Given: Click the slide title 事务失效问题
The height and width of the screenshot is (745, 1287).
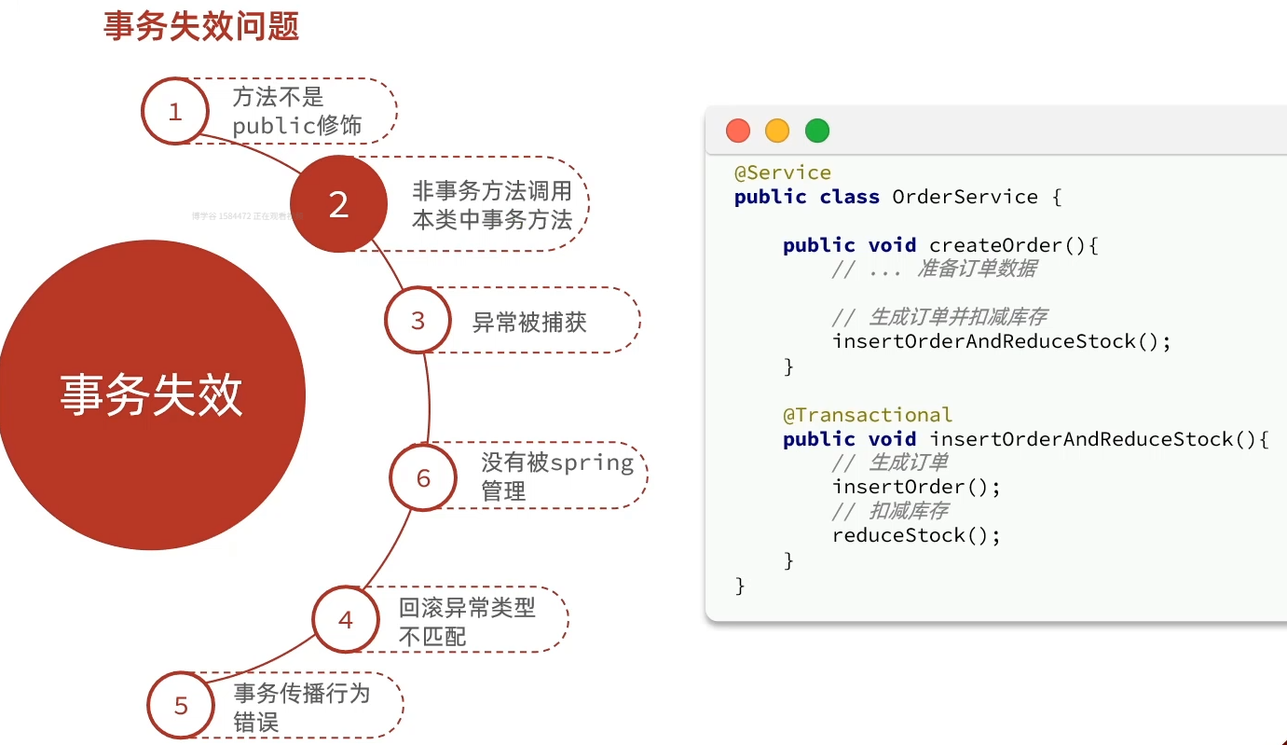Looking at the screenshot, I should click(x=200, y=26).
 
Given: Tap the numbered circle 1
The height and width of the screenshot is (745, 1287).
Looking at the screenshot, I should click(x=174, y=112).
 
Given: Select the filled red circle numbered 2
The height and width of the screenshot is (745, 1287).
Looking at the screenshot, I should click(x=338, y=204).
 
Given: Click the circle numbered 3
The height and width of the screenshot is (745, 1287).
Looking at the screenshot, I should click(x=418, y=321).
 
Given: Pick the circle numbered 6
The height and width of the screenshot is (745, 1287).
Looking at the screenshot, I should click(x=423, y=477).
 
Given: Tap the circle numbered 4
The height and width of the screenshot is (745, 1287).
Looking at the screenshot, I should click(x=346, y=619).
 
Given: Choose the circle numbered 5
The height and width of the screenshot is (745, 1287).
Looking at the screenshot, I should click(x=181, y=705).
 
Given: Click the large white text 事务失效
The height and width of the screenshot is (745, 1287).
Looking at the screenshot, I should click(x=151, y=395).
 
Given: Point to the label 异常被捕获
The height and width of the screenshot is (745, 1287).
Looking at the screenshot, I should click(x=529, y=323).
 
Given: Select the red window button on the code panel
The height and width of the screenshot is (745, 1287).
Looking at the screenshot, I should click(x=738, y=131).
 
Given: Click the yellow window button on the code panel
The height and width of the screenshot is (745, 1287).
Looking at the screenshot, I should click(x=777, y=131).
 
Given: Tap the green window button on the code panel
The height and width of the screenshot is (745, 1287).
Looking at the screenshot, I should click(x=817, y=131).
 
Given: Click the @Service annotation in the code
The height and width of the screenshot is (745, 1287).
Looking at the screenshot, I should click(x=783, y=172).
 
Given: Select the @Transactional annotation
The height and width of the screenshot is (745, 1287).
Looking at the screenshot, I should click(x=868, y=415).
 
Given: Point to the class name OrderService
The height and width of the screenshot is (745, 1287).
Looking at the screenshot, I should click(x=965, y=197).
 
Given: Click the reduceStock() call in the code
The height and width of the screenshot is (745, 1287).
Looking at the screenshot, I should click(x=916, y=535).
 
